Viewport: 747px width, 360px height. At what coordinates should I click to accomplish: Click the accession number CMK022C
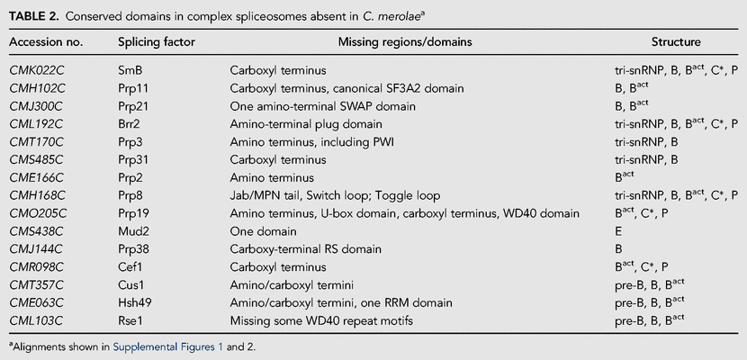[37, 70]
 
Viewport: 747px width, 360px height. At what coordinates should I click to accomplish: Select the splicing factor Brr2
[127, 124]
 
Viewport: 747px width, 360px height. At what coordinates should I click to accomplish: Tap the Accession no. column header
[46, 42]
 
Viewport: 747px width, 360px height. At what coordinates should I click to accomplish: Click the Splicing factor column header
[157, 42]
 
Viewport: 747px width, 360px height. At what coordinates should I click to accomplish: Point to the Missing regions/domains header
[405, 42]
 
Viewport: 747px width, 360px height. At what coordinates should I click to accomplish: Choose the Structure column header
[676, 42]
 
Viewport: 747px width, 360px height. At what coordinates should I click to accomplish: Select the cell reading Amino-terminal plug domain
[306, 124]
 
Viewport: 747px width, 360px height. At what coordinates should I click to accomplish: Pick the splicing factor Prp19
[130, 214]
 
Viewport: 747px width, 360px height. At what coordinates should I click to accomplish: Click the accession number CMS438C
[37, 232]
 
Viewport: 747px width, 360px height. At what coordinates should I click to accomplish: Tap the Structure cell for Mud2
[617, 232]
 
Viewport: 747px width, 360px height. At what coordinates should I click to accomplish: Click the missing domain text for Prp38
[305, 249]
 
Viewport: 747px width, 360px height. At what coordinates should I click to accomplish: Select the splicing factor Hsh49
[131, 303]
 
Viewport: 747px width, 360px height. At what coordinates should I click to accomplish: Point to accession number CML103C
[37, 321]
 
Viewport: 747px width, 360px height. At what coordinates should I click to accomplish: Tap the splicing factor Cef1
[127, 267]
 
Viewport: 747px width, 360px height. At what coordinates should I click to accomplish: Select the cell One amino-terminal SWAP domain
[322, 106]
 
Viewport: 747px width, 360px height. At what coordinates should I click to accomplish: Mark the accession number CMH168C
[37, 195]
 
